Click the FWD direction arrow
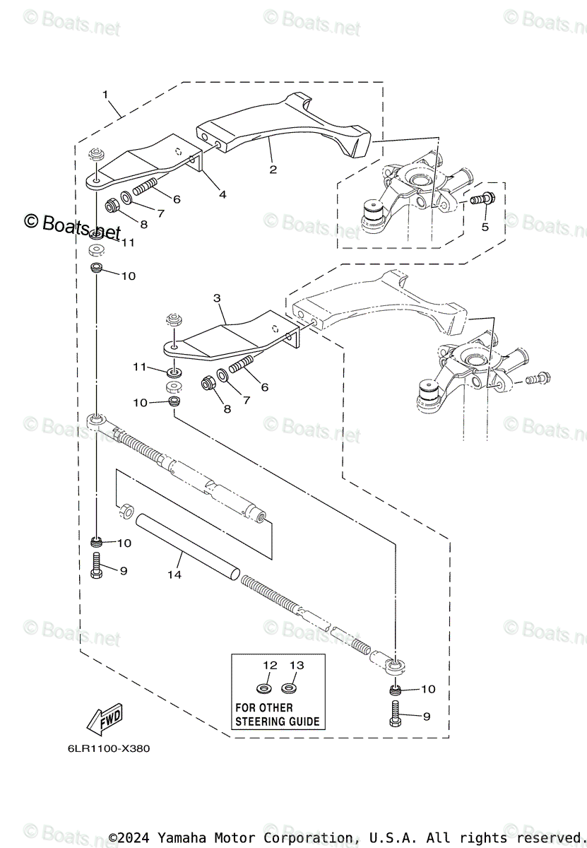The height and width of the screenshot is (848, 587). [x=104, y=719]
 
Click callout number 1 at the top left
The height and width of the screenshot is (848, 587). [x=105, y=94]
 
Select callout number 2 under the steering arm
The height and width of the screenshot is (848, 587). [x=273, y=169]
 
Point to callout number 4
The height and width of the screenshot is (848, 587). [x=223, y=194]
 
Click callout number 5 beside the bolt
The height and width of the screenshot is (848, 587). [x=485, y=227]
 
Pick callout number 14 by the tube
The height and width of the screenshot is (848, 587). [x=174, y=575]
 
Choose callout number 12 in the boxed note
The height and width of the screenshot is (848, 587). [x=271, y=665]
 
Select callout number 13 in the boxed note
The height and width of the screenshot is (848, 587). [x=297, y=665]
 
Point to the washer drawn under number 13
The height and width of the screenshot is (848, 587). [x=289, y=688]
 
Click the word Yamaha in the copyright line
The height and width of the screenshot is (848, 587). [x=183, y=838]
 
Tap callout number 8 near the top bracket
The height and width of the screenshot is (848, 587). [x=143, y=225]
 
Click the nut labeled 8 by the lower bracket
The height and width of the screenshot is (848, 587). [x=208, y=383]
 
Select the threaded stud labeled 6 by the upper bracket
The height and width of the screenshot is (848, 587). [x=143, y=190]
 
